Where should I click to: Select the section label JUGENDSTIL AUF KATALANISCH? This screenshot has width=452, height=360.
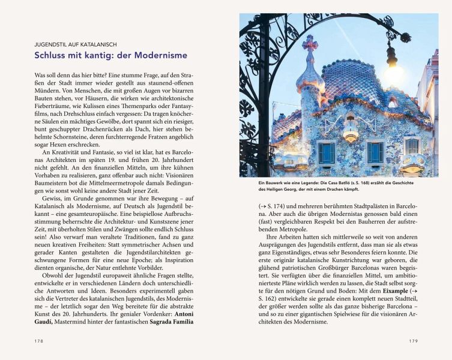75,44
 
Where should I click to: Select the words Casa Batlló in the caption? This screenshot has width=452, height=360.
333,182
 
